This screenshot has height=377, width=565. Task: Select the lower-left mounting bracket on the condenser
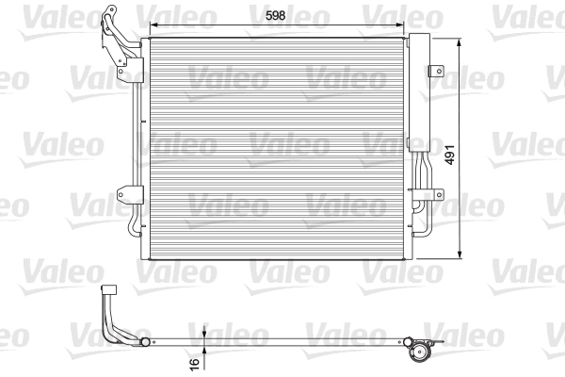pos(122,195)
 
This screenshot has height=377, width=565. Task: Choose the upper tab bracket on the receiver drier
pos(437,72)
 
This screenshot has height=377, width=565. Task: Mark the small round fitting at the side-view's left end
pos(144,340)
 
